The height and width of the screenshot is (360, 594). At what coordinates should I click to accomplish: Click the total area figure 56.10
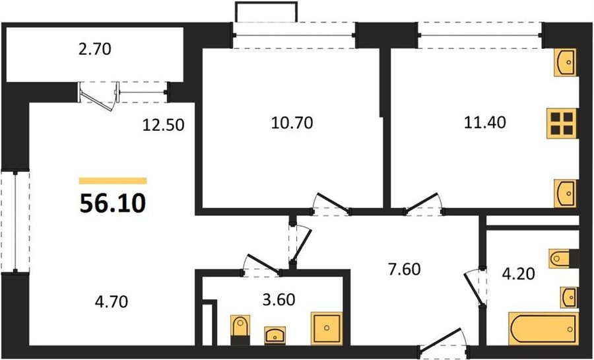click(112, 203)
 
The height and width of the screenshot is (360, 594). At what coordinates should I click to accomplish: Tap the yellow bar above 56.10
click(112, 181)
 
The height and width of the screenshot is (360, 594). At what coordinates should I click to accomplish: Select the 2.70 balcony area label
click(94, 50)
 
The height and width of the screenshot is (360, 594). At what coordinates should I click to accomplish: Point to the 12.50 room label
click(163, 125)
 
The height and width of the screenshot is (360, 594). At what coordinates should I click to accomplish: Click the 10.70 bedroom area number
click(292, 123)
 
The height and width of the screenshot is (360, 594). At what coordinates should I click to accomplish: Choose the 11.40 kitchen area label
click(485, 122)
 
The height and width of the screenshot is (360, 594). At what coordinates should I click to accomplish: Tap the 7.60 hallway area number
click(404, 270)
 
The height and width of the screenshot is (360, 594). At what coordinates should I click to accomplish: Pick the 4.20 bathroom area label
click(518, 273)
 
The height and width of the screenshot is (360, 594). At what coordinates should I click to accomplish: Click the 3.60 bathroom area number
click(279, 300)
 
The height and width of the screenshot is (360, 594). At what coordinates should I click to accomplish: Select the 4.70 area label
click(111, 302)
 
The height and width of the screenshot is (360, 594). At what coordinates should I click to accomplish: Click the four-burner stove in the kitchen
click(562, 124)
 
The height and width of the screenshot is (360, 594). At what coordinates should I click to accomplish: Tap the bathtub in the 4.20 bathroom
click(543, 329)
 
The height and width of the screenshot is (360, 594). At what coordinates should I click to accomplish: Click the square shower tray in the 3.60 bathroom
click(326, 328)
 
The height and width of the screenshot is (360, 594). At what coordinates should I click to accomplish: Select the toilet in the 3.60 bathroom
click(240, 330)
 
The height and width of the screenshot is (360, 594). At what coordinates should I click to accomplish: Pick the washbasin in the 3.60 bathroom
click(275, 336)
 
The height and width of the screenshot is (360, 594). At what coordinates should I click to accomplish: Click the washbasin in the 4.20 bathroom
click(569, 297)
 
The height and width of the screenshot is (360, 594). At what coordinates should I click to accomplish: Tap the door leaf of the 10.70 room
click(332, 203)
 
